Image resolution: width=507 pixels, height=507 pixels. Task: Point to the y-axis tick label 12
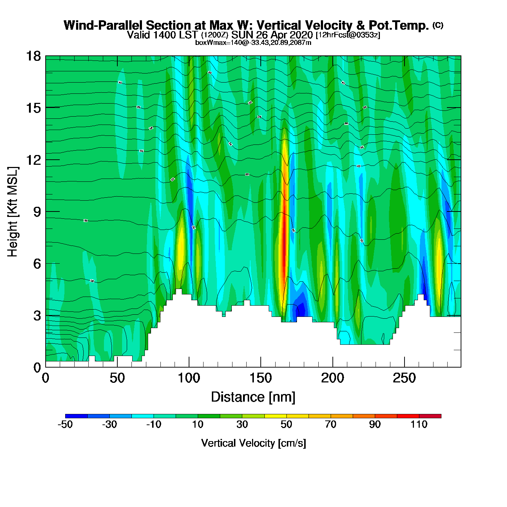(33, 160)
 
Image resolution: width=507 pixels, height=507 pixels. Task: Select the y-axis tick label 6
(37, 264)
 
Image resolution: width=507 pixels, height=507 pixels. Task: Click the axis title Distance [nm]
(253, 397)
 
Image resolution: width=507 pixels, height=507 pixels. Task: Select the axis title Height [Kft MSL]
(13, 212)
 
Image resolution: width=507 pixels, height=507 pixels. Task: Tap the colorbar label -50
(65, 424)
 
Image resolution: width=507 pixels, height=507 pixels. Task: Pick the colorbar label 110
(419, 424)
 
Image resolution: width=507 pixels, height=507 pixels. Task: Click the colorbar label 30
(242, 424)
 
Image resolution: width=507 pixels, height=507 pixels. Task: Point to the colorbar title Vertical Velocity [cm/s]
(253, 443)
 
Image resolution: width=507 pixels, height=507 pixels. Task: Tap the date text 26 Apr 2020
(284, 35)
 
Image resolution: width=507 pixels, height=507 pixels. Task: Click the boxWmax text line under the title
(253, 43)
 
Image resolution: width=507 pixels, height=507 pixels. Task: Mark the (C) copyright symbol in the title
(438, 25)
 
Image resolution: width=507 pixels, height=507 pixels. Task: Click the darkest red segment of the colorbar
(430, 416)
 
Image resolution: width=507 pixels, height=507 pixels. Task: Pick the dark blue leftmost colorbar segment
(76, 416)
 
